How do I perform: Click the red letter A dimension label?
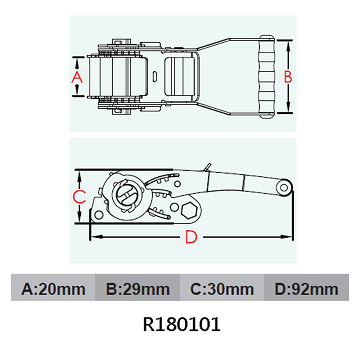[x=77, y=77]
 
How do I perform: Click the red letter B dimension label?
[x=288, y=77]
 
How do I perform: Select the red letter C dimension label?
[x=79, y=197]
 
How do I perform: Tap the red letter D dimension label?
[x=191, y=237]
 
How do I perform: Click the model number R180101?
[x=182, y=324]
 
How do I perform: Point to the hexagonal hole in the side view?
[x=189, y=210]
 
